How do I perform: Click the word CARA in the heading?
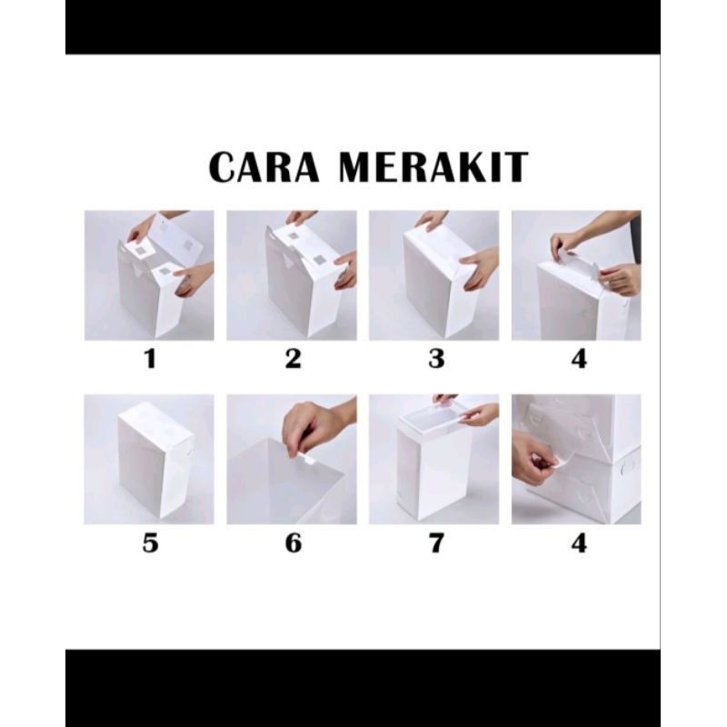click(x=264, y=166)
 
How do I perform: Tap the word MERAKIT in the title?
click(x=433, y=166)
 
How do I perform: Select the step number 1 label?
click(x=150, y=359)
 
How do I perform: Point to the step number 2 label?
click(x=293, y=359)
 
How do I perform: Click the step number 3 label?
click(x=436, y=359)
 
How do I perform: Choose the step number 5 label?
click(x=150, y=543)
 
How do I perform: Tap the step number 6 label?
click(x=293, y=543)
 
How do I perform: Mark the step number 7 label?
click(x=436, y=543)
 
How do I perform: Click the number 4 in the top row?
click(x=579, y=359)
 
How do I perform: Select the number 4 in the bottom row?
click(x=579, y=543)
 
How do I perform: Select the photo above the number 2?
click(x=292, y=275)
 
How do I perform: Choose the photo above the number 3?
click(x=434, y=275)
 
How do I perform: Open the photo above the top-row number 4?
click(x=576, y=275)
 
